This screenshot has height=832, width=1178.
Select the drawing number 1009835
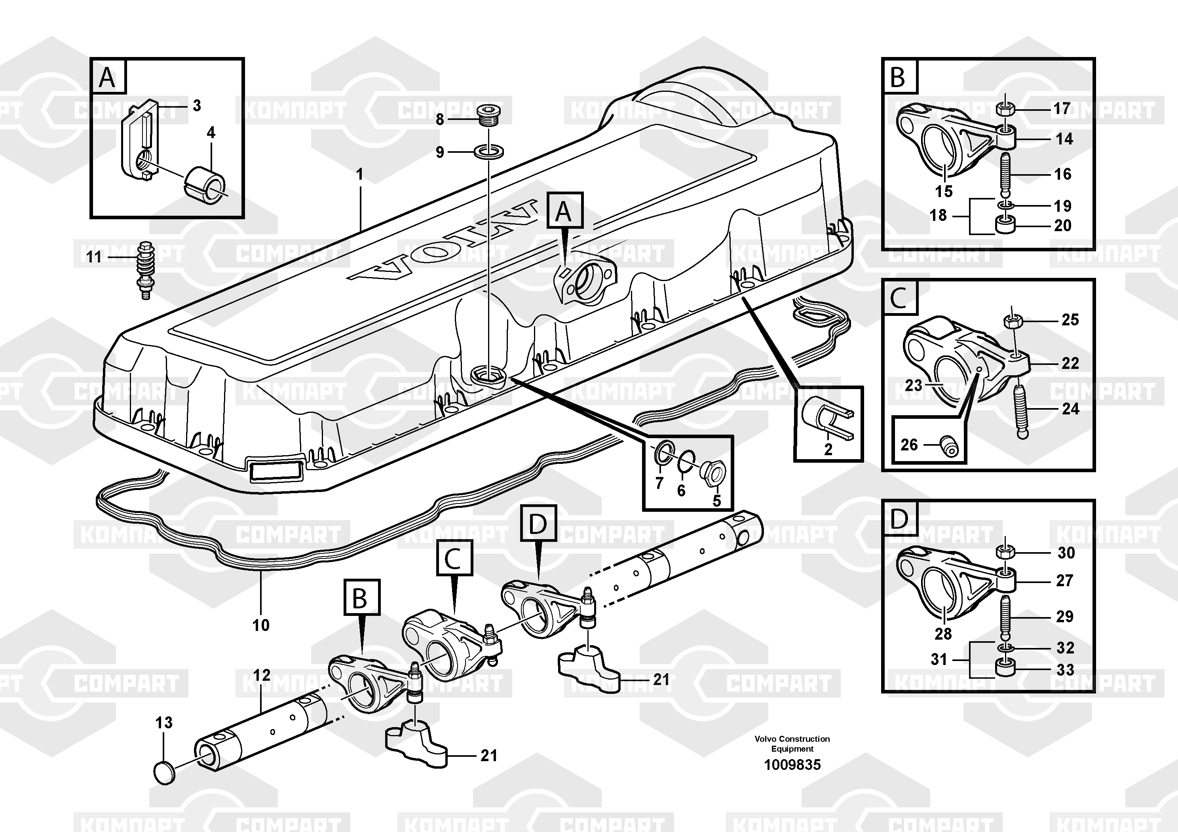point(792,765)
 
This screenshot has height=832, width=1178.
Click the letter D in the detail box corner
point(899,519)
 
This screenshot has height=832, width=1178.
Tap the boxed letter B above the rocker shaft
point(362,597)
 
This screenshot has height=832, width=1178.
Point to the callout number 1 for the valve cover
point(360,175)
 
